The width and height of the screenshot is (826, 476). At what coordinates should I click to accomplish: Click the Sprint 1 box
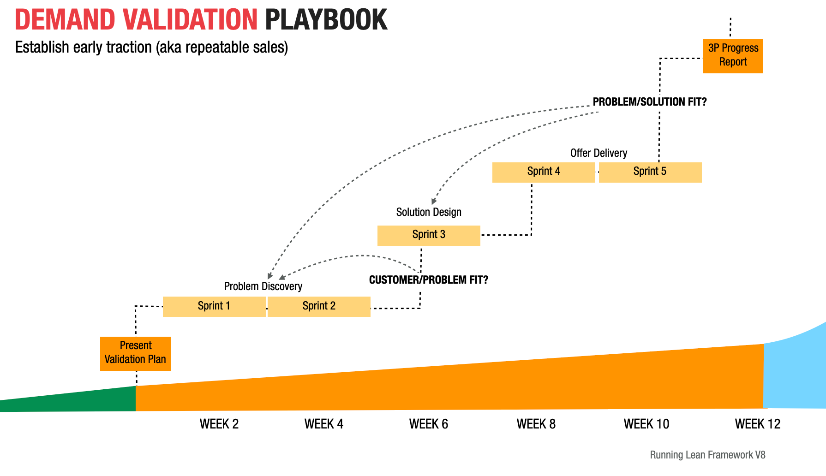point(214,306)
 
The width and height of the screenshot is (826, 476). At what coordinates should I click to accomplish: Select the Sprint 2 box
point(319,306)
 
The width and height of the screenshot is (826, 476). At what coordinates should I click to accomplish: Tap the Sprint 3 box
point(429,235)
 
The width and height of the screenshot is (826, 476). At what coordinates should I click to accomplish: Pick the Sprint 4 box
point(544,172)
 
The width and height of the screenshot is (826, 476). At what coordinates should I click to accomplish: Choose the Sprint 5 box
point(650,172)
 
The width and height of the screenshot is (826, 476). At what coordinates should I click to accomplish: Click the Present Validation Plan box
point(136,353)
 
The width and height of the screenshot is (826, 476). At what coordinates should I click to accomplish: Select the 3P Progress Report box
point(733,56)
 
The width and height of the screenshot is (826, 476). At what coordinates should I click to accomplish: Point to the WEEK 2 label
point(219,424)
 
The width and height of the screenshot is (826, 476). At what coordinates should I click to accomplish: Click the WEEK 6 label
point(429,424)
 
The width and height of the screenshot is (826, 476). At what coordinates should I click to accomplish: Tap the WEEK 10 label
point(646,424)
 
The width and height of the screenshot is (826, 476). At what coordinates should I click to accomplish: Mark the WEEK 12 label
point(757,424)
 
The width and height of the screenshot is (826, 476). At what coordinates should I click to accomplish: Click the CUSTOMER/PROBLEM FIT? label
point(429,280)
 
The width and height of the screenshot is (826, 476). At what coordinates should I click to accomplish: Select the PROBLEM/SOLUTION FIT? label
point(650,102)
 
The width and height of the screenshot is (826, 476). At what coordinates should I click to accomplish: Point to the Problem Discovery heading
point(263,286)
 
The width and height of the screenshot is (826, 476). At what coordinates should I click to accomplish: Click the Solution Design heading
point(429,212)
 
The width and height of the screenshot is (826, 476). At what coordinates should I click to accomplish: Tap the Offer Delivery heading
point(599,153)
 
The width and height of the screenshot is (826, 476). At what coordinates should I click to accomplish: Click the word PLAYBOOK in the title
point(326,20)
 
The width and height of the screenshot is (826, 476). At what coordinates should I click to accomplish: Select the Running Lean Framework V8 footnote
point(707,455)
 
